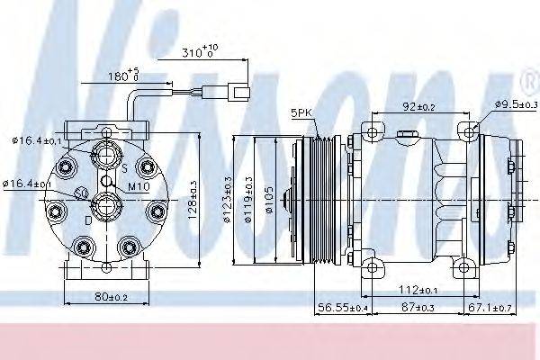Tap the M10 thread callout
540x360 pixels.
point(138,186)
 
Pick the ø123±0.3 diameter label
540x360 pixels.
point(240,201)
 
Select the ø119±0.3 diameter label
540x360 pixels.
point(257,201)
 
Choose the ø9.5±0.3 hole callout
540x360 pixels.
point(514,106)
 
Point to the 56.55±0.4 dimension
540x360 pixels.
point(341,309)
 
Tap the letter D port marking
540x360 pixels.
point(86,220)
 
